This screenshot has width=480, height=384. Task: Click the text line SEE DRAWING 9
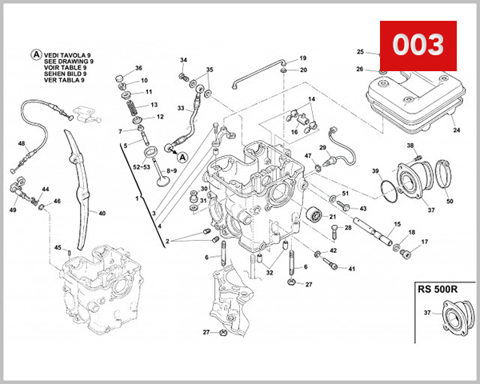(70, 61)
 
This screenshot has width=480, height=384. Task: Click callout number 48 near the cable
(22, 144)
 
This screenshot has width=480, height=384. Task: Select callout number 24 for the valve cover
(457, 130)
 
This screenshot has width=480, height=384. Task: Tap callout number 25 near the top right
(360, 52)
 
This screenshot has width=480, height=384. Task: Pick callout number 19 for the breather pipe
(302, 58)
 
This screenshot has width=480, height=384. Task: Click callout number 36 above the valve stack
(138, 69)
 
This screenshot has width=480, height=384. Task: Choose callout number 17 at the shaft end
(425, 242)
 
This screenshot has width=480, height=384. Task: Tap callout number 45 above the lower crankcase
(58, 247)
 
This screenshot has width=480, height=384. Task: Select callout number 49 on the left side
(13, 210)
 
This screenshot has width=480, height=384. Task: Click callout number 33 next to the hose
(182, 108)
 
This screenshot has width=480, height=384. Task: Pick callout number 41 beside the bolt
(351, 268)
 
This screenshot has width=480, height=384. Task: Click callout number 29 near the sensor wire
(322, 148)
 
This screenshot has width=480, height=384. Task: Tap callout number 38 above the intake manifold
(410, 146)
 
